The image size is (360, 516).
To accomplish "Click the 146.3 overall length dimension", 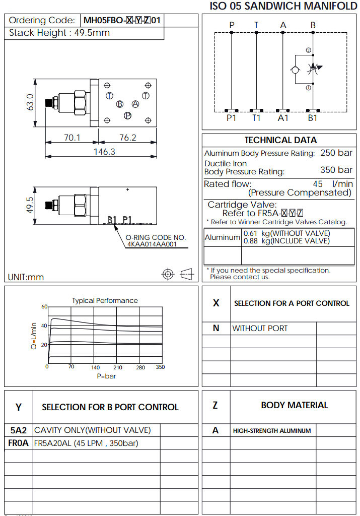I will (104, 151).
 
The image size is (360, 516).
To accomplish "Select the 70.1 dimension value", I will (71, 138).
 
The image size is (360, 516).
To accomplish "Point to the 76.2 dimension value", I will (128, 138).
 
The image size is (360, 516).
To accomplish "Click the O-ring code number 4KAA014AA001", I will (152, 244).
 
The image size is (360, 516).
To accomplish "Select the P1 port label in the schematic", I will (232, 118).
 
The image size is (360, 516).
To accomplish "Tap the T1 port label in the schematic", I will (256, 118).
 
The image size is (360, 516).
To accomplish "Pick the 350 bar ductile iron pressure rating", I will (336, 170).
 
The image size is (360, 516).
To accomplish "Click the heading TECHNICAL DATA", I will (280, 140).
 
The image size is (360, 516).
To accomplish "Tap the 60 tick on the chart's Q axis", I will (44, 306).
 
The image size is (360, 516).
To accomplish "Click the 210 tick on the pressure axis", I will (118, 367).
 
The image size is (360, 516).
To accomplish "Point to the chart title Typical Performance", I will (105, 300).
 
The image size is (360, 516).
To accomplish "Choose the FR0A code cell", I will (19, 443).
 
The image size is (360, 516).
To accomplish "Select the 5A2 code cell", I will (19, 430).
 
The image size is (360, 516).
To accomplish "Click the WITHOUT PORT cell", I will (260, 328).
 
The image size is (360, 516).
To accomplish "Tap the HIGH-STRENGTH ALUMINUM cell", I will (272, 431).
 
